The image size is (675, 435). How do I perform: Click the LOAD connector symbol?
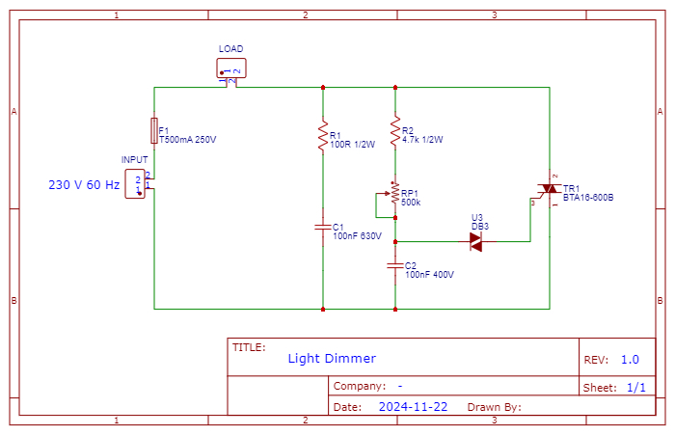pos(231,68)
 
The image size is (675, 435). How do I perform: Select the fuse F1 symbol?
pos(154,129)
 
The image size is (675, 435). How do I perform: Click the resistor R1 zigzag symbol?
pos(323,135)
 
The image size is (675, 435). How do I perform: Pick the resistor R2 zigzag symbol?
pos(395,131)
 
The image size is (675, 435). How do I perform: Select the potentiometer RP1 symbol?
pos(393,195)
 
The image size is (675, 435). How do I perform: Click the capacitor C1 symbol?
pos(323,227)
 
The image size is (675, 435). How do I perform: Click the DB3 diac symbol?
pos(476,242)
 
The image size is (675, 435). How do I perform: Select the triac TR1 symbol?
pos(549,189)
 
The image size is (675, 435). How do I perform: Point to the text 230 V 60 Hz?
pos(84,184)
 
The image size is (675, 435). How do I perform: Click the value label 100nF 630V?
pos(357,235)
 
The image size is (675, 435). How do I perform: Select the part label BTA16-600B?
pos(588,197)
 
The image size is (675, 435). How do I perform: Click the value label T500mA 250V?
pos(187,140)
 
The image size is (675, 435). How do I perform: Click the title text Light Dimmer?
pos(332,359)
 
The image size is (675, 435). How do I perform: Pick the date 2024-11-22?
pos(413,407)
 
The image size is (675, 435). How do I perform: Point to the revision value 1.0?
pos(630,360)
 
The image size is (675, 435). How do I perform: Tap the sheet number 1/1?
pos(636,388)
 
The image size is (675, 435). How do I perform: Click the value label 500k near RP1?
pos(411,203)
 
